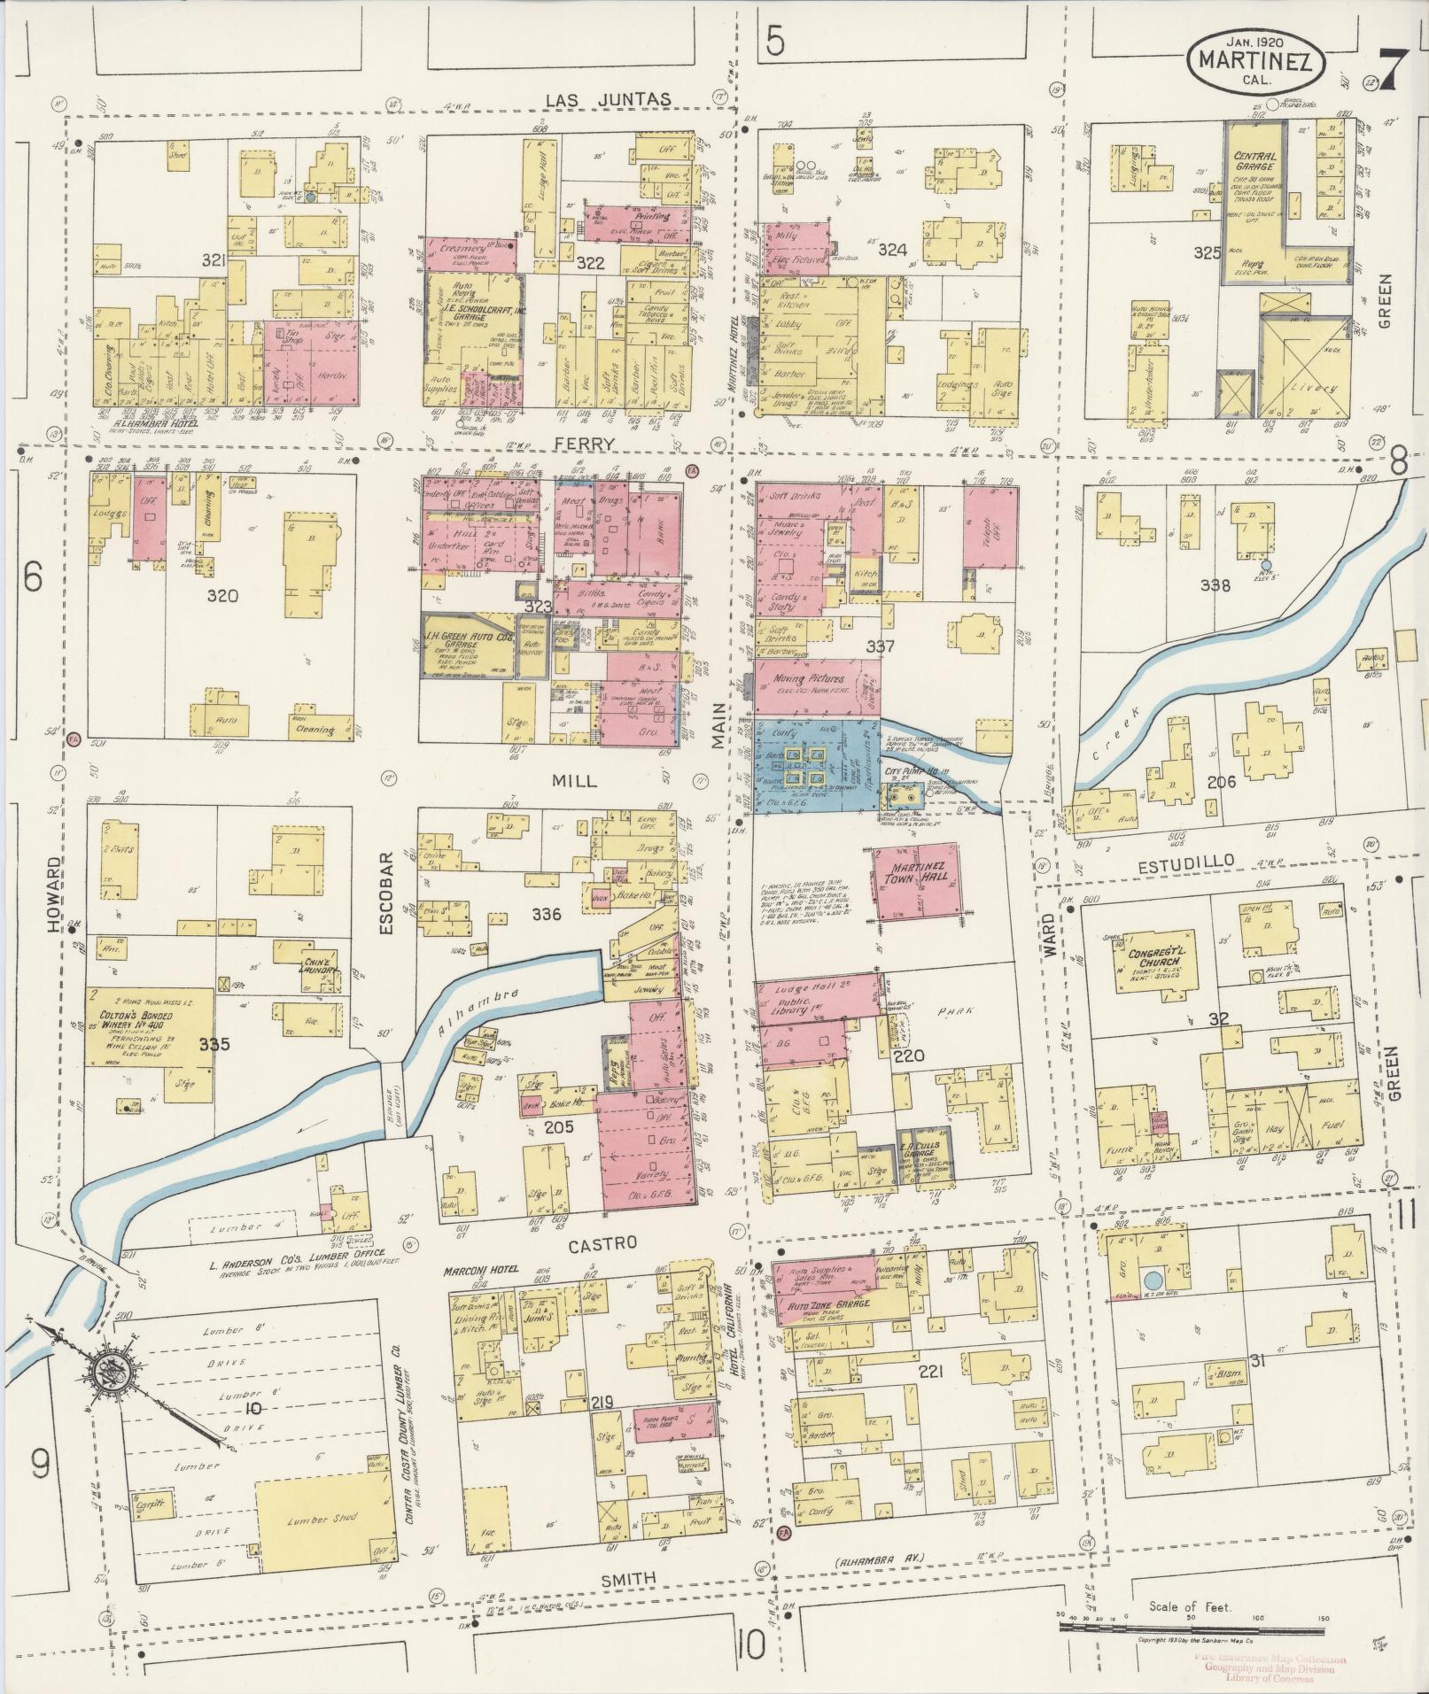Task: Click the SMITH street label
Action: click(629, 1578)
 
